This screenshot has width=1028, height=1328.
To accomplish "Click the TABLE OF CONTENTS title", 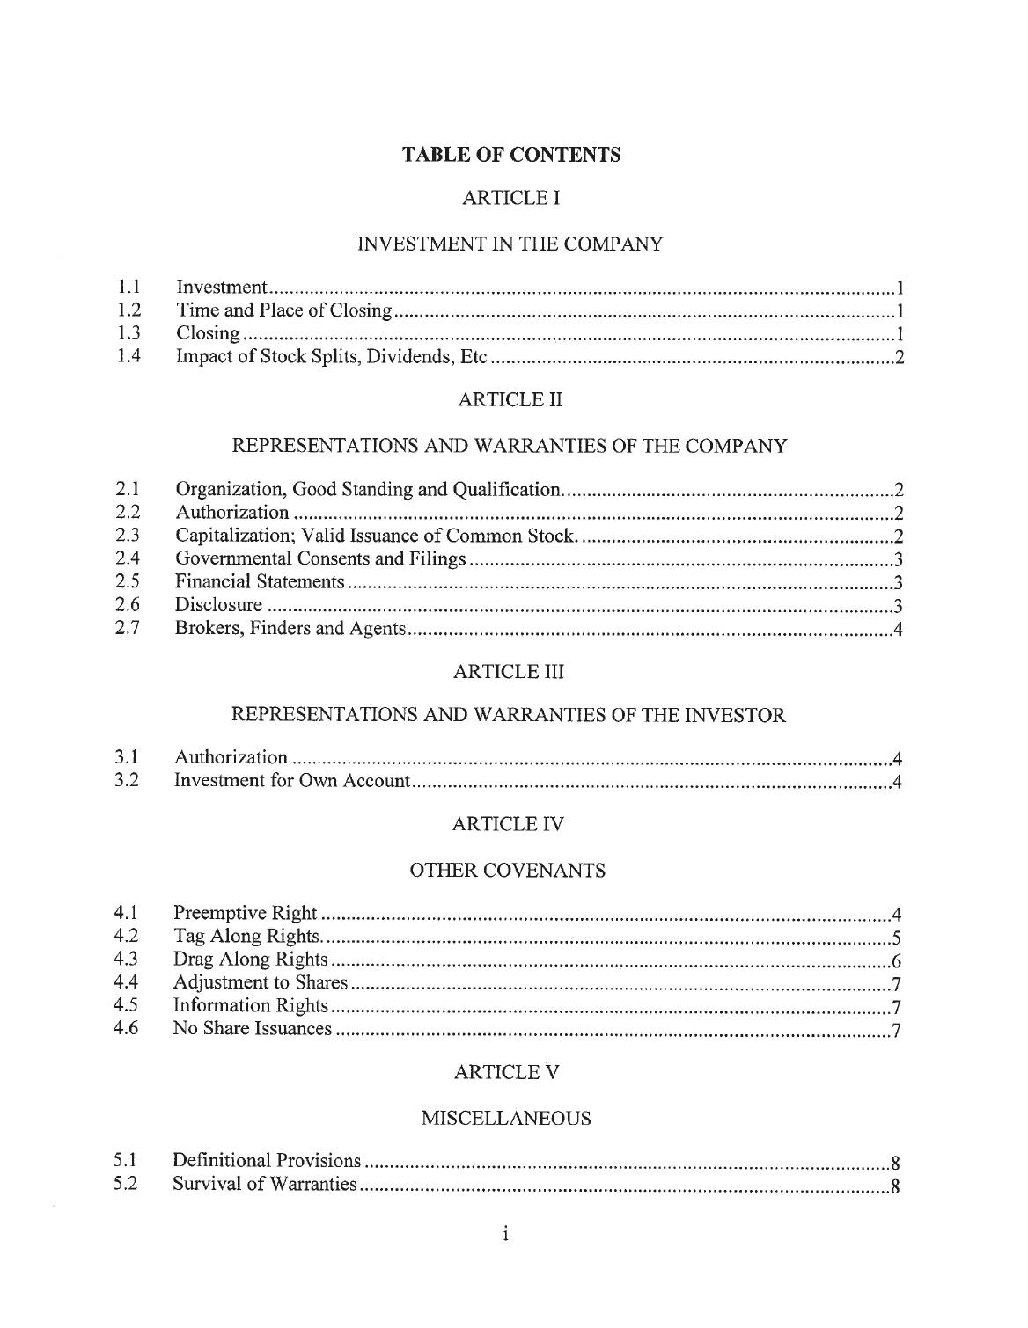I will coord(510,156).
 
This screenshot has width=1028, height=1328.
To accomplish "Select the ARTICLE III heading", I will coord(508,672).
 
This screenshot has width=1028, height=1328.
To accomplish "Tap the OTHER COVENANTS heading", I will coord(508,871).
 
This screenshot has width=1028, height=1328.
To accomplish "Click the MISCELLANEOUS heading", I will coord(506,1119).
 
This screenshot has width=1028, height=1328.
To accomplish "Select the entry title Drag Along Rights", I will coord(250,959).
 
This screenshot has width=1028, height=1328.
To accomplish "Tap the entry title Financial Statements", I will coord(260,581).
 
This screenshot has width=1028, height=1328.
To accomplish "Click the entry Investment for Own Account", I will coord(291,781).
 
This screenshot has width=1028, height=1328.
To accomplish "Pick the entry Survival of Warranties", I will coord(264,1184).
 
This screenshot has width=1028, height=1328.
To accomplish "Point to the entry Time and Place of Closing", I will coord(283,310).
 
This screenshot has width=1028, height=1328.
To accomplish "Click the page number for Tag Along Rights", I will coord(894,936).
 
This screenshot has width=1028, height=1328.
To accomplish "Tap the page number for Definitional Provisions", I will coord(894,1161).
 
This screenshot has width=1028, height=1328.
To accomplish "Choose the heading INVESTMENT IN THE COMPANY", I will coord(509,245).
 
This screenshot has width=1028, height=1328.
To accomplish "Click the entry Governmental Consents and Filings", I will coord(320,558).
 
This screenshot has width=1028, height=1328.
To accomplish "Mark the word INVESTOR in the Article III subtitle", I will coord(739,716).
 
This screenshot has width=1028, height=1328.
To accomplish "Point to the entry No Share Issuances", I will coord(252,1028).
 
